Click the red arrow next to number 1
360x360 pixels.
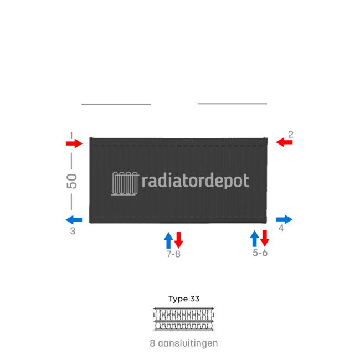(73, 143)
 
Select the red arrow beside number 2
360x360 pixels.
(284, 143)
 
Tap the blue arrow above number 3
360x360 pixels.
(73, 219)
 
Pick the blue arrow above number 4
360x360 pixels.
(284, 219)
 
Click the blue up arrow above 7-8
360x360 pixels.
(168, 240)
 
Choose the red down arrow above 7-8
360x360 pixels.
(178, 240)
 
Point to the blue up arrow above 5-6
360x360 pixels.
(255, 239)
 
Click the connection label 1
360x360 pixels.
(71, 135)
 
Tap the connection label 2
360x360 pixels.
(290, 134)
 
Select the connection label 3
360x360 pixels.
(73, 231)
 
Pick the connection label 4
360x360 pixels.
(281, 228)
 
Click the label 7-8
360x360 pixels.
(173, 255)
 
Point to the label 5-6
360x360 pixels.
(260, 253)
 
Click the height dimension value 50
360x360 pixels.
(72, 181)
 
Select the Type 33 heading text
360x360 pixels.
(184, 299)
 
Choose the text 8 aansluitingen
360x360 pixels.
(184, 343)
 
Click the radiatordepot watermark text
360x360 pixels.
(196, 181)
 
